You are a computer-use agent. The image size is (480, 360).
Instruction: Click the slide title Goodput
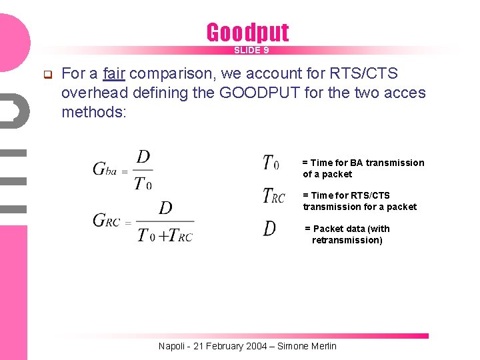[x=247, y=32]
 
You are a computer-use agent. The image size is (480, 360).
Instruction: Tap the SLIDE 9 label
[x=251, y=51]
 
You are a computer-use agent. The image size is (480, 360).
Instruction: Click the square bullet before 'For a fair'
[x=48, y=73]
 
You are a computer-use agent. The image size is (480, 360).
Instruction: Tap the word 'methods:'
[x=93, y=112]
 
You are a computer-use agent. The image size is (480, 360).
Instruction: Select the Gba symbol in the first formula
[x=105, y=169]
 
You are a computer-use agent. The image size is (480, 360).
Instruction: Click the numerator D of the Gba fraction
[x=143, y=157]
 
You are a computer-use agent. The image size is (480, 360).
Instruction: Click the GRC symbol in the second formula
[x=107, y=221]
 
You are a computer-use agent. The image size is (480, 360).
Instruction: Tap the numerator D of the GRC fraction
[x=165, y=209]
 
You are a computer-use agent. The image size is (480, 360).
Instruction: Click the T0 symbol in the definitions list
[x=271, y=163]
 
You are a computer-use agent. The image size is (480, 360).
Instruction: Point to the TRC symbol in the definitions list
[x=274, y=196]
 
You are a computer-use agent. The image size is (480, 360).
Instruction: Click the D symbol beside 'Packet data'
[x=269, y=229]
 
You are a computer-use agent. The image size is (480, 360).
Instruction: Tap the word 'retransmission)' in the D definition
[x=347, y=240]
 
